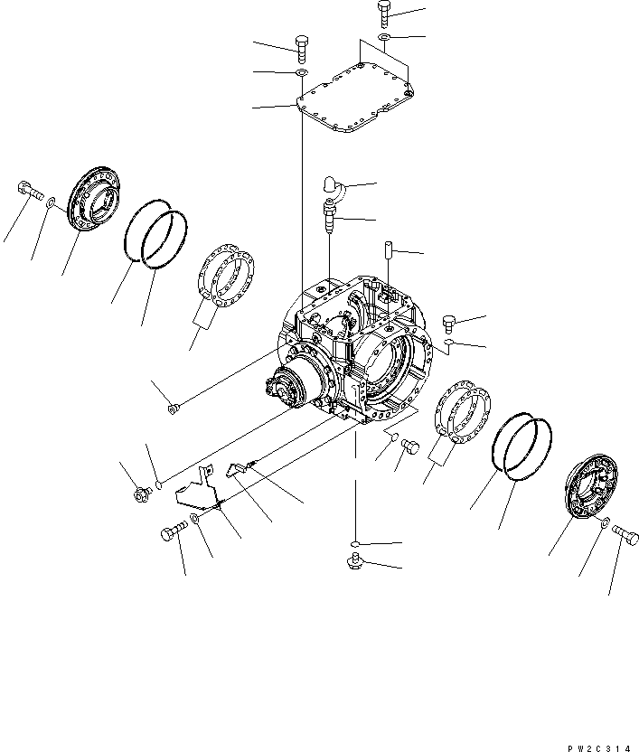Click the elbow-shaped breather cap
(x=333, y=187)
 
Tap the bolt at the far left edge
(x=26, y=192)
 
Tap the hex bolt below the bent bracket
(x=173, y=534)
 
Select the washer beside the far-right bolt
(x=605, y=524)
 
